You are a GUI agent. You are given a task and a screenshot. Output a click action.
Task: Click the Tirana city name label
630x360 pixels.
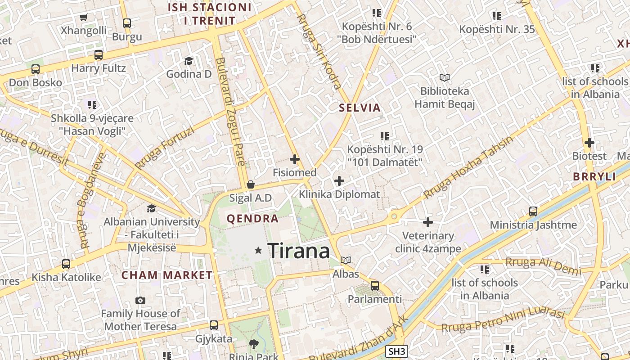click(299, 251)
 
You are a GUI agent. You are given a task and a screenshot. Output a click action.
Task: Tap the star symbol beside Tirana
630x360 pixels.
click(258, 250)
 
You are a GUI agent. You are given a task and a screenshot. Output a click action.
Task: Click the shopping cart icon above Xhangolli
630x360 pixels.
click(83, 18)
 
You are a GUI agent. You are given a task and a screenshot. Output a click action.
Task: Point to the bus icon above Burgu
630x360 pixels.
click(127, 23)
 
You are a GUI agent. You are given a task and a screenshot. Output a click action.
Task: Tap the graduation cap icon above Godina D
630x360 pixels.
click(189, 61)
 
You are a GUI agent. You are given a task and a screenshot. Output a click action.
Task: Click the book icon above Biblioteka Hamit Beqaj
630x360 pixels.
click(445, 77)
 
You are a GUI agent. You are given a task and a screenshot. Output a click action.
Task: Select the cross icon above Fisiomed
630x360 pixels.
click(295, 159)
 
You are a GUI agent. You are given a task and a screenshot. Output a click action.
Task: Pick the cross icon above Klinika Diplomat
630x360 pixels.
click(339, 181)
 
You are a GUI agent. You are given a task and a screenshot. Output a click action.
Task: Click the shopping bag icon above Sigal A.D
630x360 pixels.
click(251, 184)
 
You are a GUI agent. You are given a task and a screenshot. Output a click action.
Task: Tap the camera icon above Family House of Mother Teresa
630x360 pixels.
click(140, 300)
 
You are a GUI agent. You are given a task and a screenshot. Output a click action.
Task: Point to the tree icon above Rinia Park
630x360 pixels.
click(254, 344)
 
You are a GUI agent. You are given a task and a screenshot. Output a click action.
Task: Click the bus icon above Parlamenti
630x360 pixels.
click(375, 286)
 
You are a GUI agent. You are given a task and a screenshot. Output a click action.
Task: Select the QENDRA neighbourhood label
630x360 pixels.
click(252, 219)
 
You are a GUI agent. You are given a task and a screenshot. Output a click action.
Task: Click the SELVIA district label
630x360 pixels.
click(360, 108)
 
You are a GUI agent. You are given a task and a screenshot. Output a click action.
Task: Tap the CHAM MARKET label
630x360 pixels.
click(167, 275)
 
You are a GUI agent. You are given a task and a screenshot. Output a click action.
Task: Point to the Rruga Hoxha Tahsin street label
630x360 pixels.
click(468, 168)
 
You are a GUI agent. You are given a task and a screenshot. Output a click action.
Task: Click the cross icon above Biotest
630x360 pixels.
click(589, 143)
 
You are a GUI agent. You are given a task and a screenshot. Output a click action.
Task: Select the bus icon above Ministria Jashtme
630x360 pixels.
click(533, 211)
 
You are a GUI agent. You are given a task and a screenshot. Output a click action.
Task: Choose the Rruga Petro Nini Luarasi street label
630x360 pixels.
click(503, 320)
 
